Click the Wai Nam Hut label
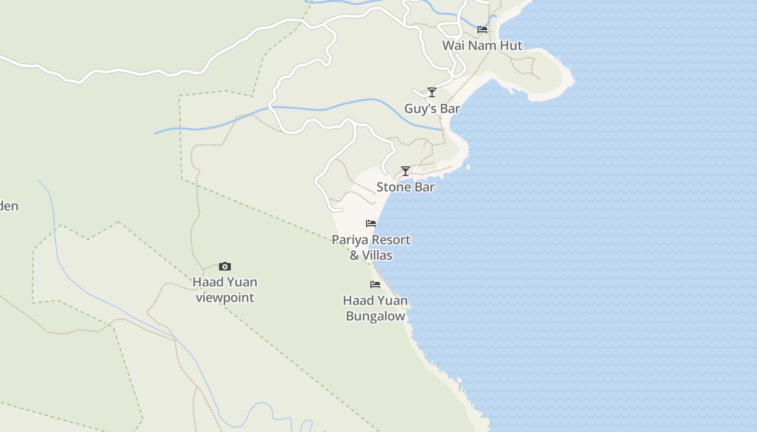tap(482, 45)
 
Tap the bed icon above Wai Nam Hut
tap(482, 29)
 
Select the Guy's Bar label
tap(432, 109)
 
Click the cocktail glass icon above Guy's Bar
tap(431, 92)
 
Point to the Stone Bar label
tap(406, 187)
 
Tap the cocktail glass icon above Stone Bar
tap(406, 171)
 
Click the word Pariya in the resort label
tap(349, 240)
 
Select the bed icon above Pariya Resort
tap(371, 223)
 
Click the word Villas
tap(377, 255)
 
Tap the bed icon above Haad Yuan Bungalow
tap(375, 284)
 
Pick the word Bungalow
tap(375, 316)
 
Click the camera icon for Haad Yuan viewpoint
tap(225, 266)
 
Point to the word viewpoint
tap(225, 298)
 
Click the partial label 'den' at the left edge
tap(9, 206)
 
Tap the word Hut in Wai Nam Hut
tap(511, 45)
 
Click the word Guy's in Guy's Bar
tap(420, 109)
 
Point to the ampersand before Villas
tap(355, 255)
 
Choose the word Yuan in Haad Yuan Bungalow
tap(390, 300)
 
